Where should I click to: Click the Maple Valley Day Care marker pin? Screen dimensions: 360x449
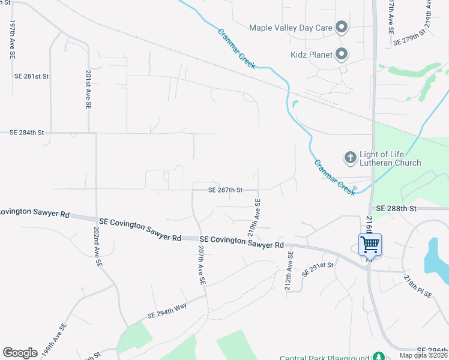tap(342, 27)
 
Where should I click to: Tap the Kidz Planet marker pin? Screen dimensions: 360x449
tap(342, 55)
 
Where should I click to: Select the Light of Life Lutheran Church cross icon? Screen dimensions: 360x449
tap(350, 158)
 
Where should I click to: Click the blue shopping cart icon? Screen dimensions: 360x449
tap(370, 244)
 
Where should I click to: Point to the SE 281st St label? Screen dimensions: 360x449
tap(31, 77)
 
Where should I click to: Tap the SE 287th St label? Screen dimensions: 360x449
tap(225, 190)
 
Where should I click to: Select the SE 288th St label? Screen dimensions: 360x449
tap(393, 208)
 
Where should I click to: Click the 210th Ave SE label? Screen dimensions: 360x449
tap(254, 217)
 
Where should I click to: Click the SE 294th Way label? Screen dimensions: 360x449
tap(167, 310)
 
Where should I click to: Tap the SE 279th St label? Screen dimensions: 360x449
tap(408, 42)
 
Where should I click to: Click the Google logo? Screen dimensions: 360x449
tap(20, 353)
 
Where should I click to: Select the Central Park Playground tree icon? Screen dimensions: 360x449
tap(378, 356)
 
